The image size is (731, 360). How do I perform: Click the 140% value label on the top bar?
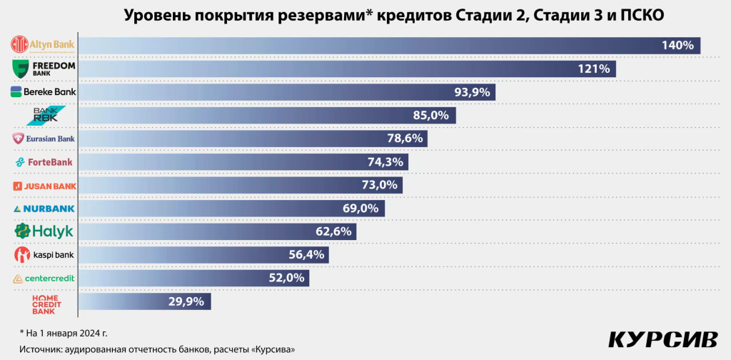click(x=677, y=46)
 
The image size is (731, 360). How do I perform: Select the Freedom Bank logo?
click(x=42, y=69)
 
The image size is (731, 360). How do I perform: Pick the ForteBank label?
click(x=44, y=162)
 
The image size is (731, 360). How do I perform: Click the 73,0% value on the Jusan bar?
click(x=380, y=185)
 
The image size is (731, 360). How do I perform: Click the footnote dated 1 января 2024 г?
click(x=64, y=333)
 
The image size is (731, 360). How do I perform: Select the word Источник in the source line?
click(x=41, y=349)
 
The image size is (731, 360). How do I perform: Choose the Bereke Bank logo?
click(x=43, y=92)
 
